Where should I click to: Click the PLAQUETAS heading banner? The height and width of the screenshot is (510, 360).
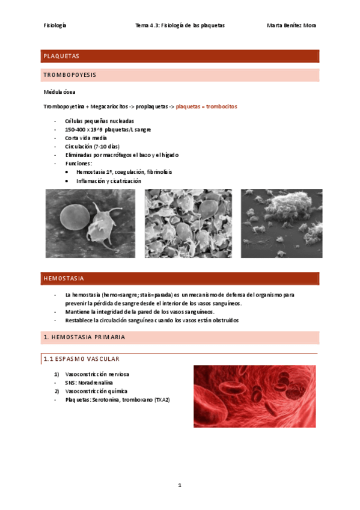179,56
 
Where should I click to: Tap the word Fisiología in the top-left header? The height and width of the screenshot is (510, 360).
55,25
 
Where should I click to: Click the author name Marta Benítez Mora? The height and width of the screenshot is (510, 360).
291,25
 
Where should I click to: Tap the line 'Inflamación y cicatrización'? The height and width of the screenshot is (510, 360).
109,180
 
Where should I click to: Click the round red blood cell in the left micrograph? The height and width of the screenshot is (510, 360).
75,221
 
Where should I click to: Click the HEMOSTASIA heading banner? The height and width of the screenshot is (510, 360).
179,279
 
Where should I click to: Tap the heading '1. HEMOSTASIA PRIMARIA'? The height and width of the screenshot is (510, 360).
84,337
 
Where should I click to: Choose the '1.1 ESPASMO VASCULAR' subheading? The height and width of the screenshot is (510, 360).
80,359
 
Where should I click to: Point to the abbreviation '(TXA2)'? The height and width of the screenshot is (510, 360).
162,399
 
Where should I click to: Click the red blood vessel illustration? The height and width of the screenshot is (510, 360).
255,396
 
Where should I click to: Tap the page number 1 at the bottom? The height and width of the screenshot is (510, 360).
179,485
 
